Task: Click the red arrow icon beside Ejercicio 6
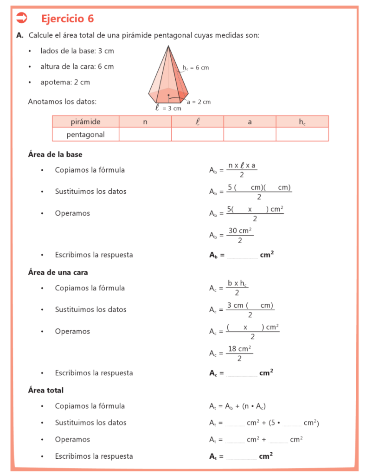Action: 22,18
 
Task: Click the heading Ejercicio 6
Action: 67,19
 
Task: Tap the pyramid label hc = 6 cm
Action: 195,68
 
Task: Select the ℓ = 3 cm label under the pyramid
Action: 168,108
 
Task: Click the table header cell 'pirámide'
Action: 85,122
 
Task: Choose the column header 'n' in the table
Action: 145,122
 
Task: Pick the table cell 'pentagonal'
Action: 85,135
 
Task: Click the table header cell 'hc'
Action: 302,122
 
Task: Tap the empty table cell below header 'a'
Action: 250,135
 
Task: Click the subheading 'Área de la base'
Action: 55,154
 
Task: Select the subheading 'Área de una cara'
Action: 58,272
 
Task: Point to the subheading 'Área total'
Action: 46,390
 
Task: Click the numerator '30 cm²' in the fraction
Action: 240,231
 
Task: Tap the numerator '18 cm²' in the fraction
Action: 239,349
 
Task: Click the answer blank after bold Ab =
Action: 243,256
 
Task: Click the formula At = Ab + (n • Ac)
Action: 237,406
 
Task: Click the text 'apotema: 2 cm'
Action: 65,82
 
